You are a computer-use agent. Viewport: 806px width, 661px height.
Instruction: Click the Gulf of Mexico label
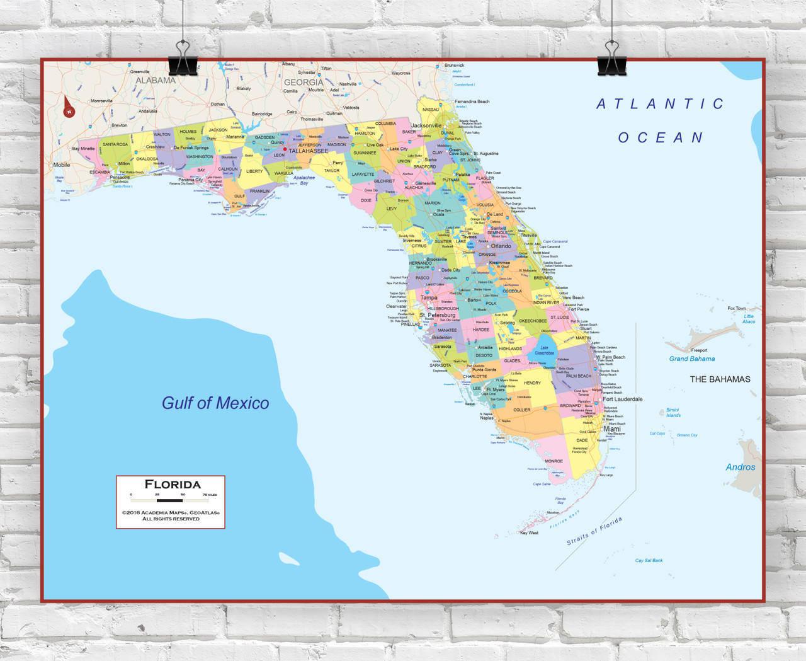coord(215,403)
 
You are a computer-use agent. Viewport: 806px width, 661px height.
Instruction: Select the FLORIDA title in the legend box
coord(173,485)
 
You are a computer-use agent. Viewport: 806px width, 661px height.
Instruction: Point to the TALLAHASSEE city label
coord(309,151)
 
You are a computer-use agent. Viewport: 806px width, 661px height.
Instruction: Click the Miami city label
coord(611,428)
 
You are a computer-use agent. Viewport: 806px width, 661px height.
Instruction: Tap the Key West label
coord(529,533)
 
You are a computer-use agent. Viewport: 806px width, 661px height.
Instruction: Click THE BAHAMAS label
coord(720,379)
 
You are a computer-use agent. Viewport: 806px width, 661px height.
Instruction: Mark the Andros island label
coord(740,467)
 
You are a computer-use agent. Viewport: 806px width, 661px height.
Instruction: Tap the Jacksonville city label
coord(426,125)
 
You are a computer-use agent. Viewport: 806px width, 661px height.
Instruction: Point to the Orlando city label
coord(501,246)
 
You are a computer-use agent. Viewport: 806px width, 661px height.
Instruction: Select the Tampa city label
coord(429,297)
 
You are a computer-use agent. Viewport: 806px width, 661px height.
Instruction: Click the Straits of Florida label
coord(594,531)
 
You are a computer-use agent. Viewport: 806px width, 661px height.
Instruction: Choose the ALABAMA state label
coord(156,81)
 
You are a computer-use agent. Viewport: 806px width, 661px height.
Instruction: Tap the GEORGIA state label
coord(304,83)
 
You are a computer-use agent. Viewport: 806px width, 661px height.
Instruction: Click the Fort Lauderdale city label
coord(623,399)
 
